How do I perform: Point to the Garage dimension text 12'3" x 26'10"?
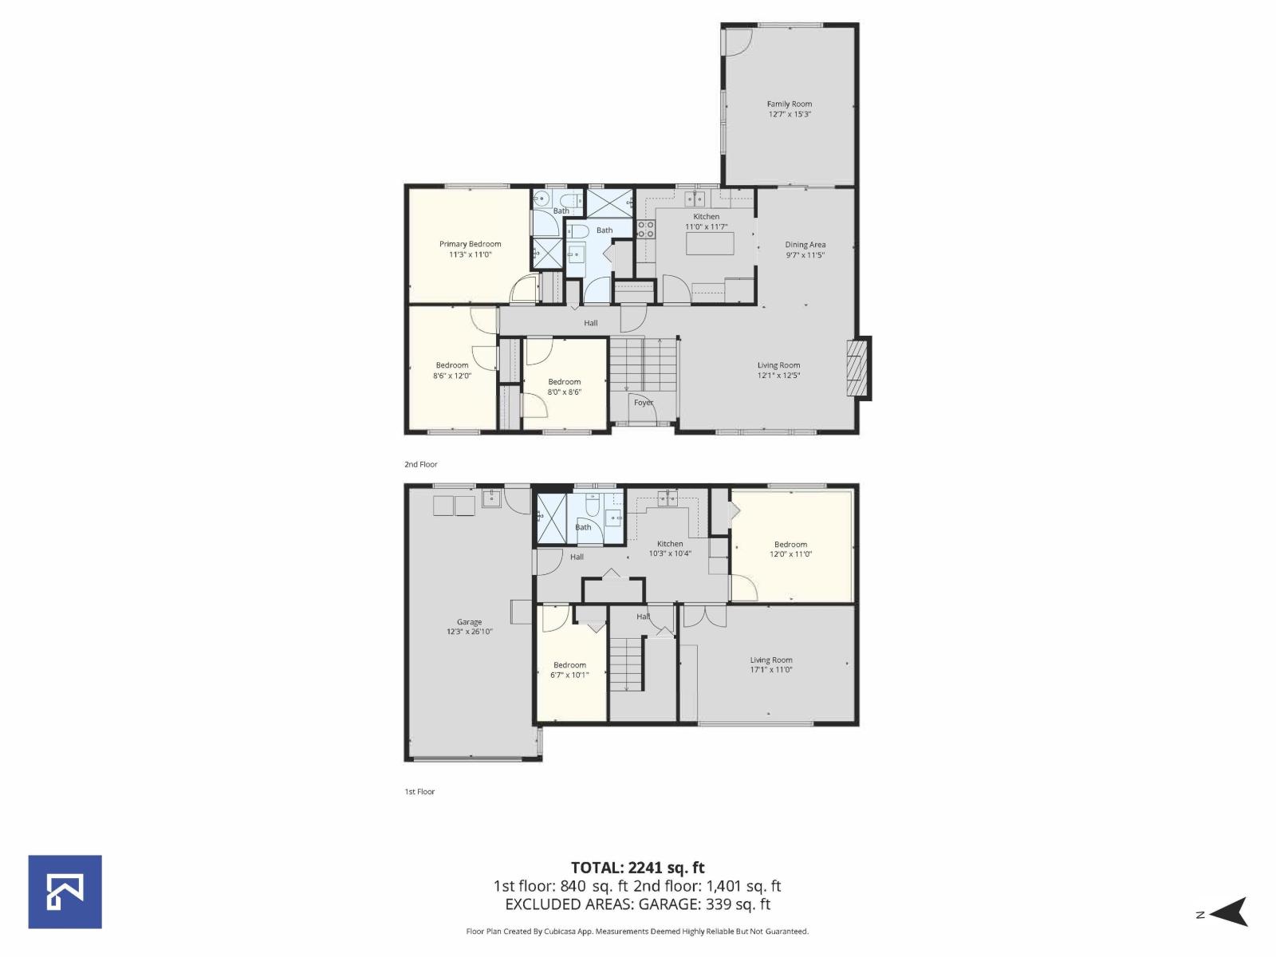click(x=469, y=632)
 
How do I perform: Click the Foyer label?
click(x=644, y=403)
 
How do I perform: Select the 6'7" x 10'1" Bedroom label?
click(x=569, y=670)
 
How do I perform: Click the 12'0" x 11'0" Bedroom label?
click(x=790, y=549)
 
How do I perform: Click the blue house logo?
click(x=65, y=892)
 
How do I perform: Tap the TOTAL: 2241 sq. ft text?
click(x=637, y=868)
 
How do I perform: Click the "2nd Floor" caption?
click(x=420, y=464)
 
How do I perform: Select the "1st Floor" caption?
click(x=419, y=792)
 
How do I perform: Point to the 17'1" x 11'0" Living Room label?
click(x=770, y=665)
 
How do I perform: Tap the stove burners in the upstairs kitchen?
click(x=646, y=230)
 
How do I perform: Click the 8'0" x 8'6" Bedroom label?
click(x=564, y=387)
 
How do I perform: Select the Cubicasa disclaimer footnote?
click(x=637, y=931)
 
